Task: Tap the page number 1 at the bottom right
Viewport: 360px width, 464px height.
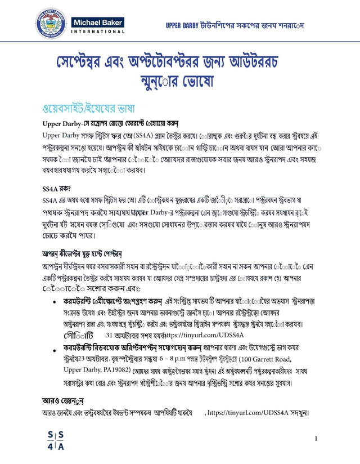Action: click(317, 439)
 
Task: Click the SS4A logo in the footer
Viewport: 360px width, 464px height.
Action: click(56, 440)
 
